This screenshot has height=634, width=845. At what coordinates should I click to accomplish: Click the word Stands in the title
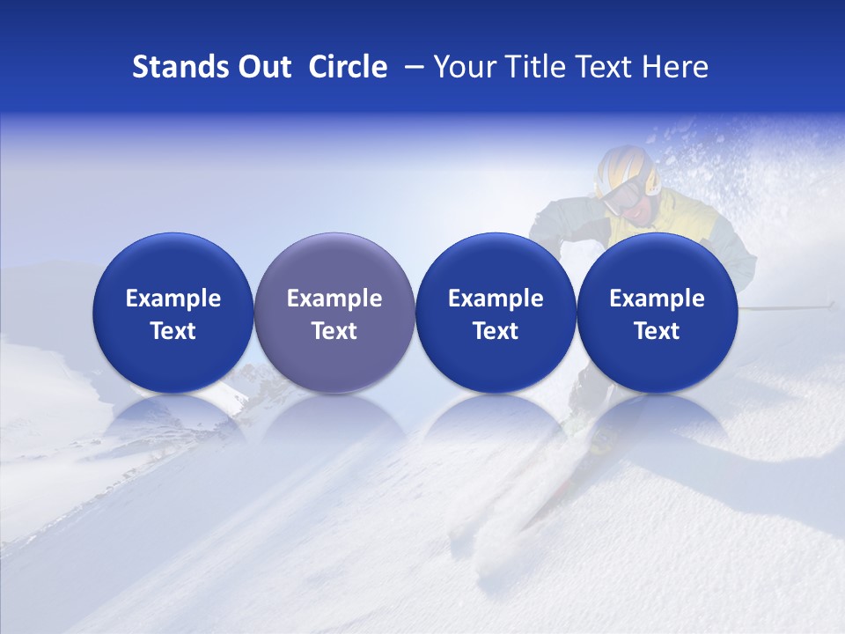[168, 67]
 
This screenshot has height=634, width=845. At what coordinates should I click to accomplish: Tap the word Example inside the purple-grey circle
[334, 299]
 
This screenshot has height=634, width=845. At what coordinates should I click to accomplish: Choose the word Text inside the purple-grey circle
[334, 331]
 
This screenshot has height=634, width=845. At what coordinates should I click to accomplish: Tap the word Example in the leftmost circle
[173, 299]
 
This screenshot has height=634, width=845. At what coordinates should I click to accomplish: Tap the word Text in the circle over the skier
[658, 331]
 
